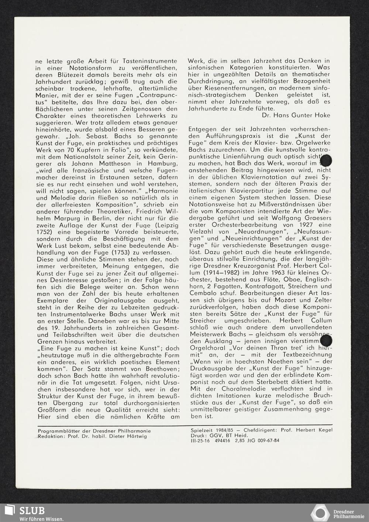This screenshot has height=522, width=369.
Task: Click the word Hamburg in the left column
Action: pyautogui.click(x=165, y=163)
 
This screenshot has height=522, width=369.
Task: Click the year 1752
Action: pyautogui.click(x=44, y=232)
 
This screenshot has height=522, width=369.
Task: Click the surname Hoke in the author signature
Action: pyautogui.click(x=323, y=115)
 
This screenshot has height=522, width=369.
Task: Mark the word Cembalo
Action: pyautogui.click(x=202, y=293)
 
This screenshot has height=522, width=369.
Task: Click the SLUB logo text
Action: pyautogui.click(x=32, y=511)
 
